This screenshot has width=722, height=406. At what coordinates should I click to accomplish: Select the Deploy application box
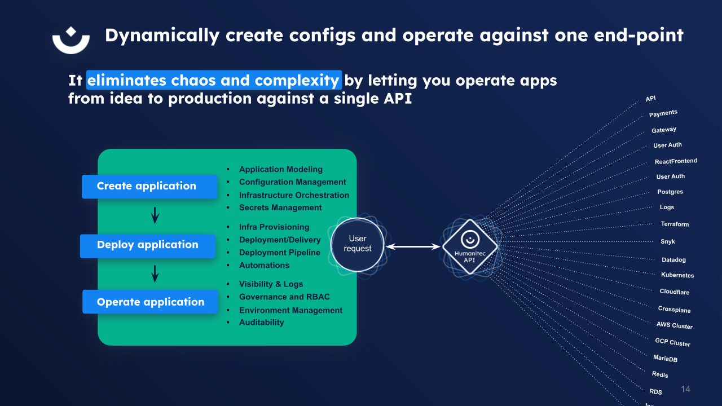(148, 245)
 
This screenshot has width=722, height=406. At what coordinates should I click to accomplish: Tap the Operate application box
(150, 302)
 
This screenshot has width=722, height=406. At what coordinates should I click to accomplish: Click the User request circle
(357, 244)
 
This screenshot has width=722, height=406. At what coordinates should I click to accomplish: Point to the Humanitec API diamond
(470, 246)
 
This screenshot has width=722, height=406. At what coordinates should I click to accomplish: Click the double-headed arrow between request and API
(413, 246)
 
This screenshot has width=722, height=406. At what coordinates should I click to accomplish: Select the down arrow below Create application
(155, 215)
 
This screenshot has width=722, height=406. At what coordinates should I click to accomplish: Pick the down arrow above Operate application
(155, 274)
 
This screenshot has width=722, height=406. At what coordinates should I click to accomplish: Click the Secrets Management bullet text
(280, 208)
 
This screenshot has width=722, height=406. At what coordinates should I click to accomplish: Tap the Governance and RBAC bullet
(284, 297)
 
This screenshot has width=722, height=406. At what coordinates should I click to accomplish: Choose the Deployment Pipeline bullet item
(280, 253)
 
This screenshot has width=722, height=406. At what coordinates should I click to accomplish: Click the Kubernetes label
(677, 275)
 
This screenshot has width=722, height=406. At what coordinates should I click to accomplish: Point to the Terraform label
(675, 224)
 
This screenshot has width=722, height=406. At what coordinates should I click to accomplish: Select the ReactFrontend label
(676, 161)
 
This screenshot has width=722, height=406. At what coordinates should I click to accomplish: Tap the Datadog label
(673, 260)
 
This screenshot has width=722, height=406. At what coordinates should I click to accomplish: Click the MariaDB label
(665, 359)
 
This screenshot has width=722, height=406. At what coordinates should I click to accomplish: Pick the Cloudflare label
(675, 292)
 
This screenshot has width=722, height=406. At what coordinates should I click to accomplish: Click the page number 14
(685, 389)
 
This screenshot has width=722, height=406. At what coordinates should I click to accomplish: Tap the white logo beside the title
(71, 39)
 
